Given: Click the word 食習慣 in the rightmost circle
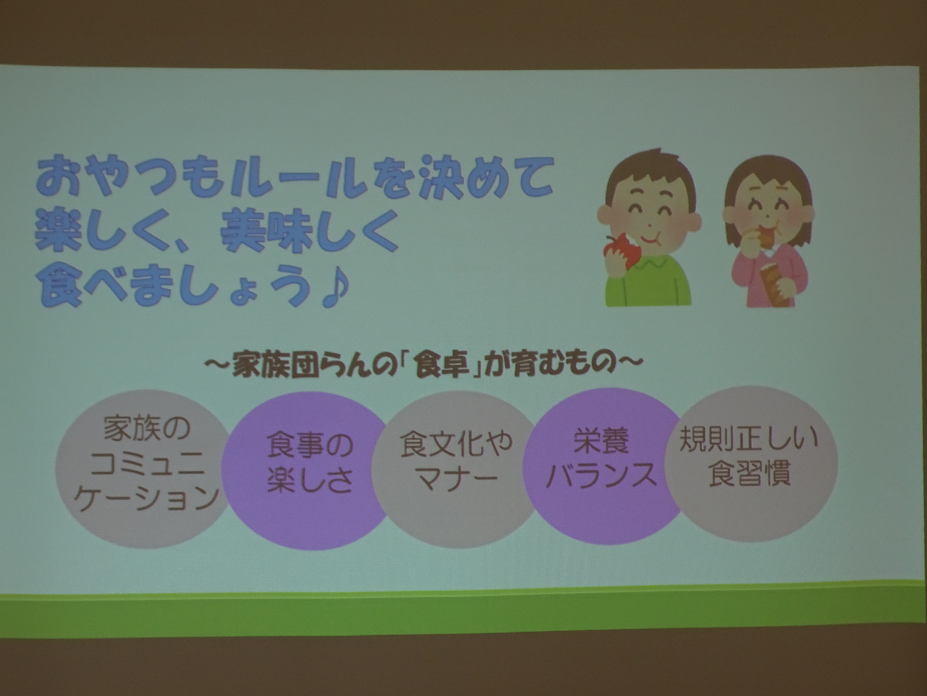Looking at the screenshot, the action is pyautogui.click(x=750, y=475).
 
